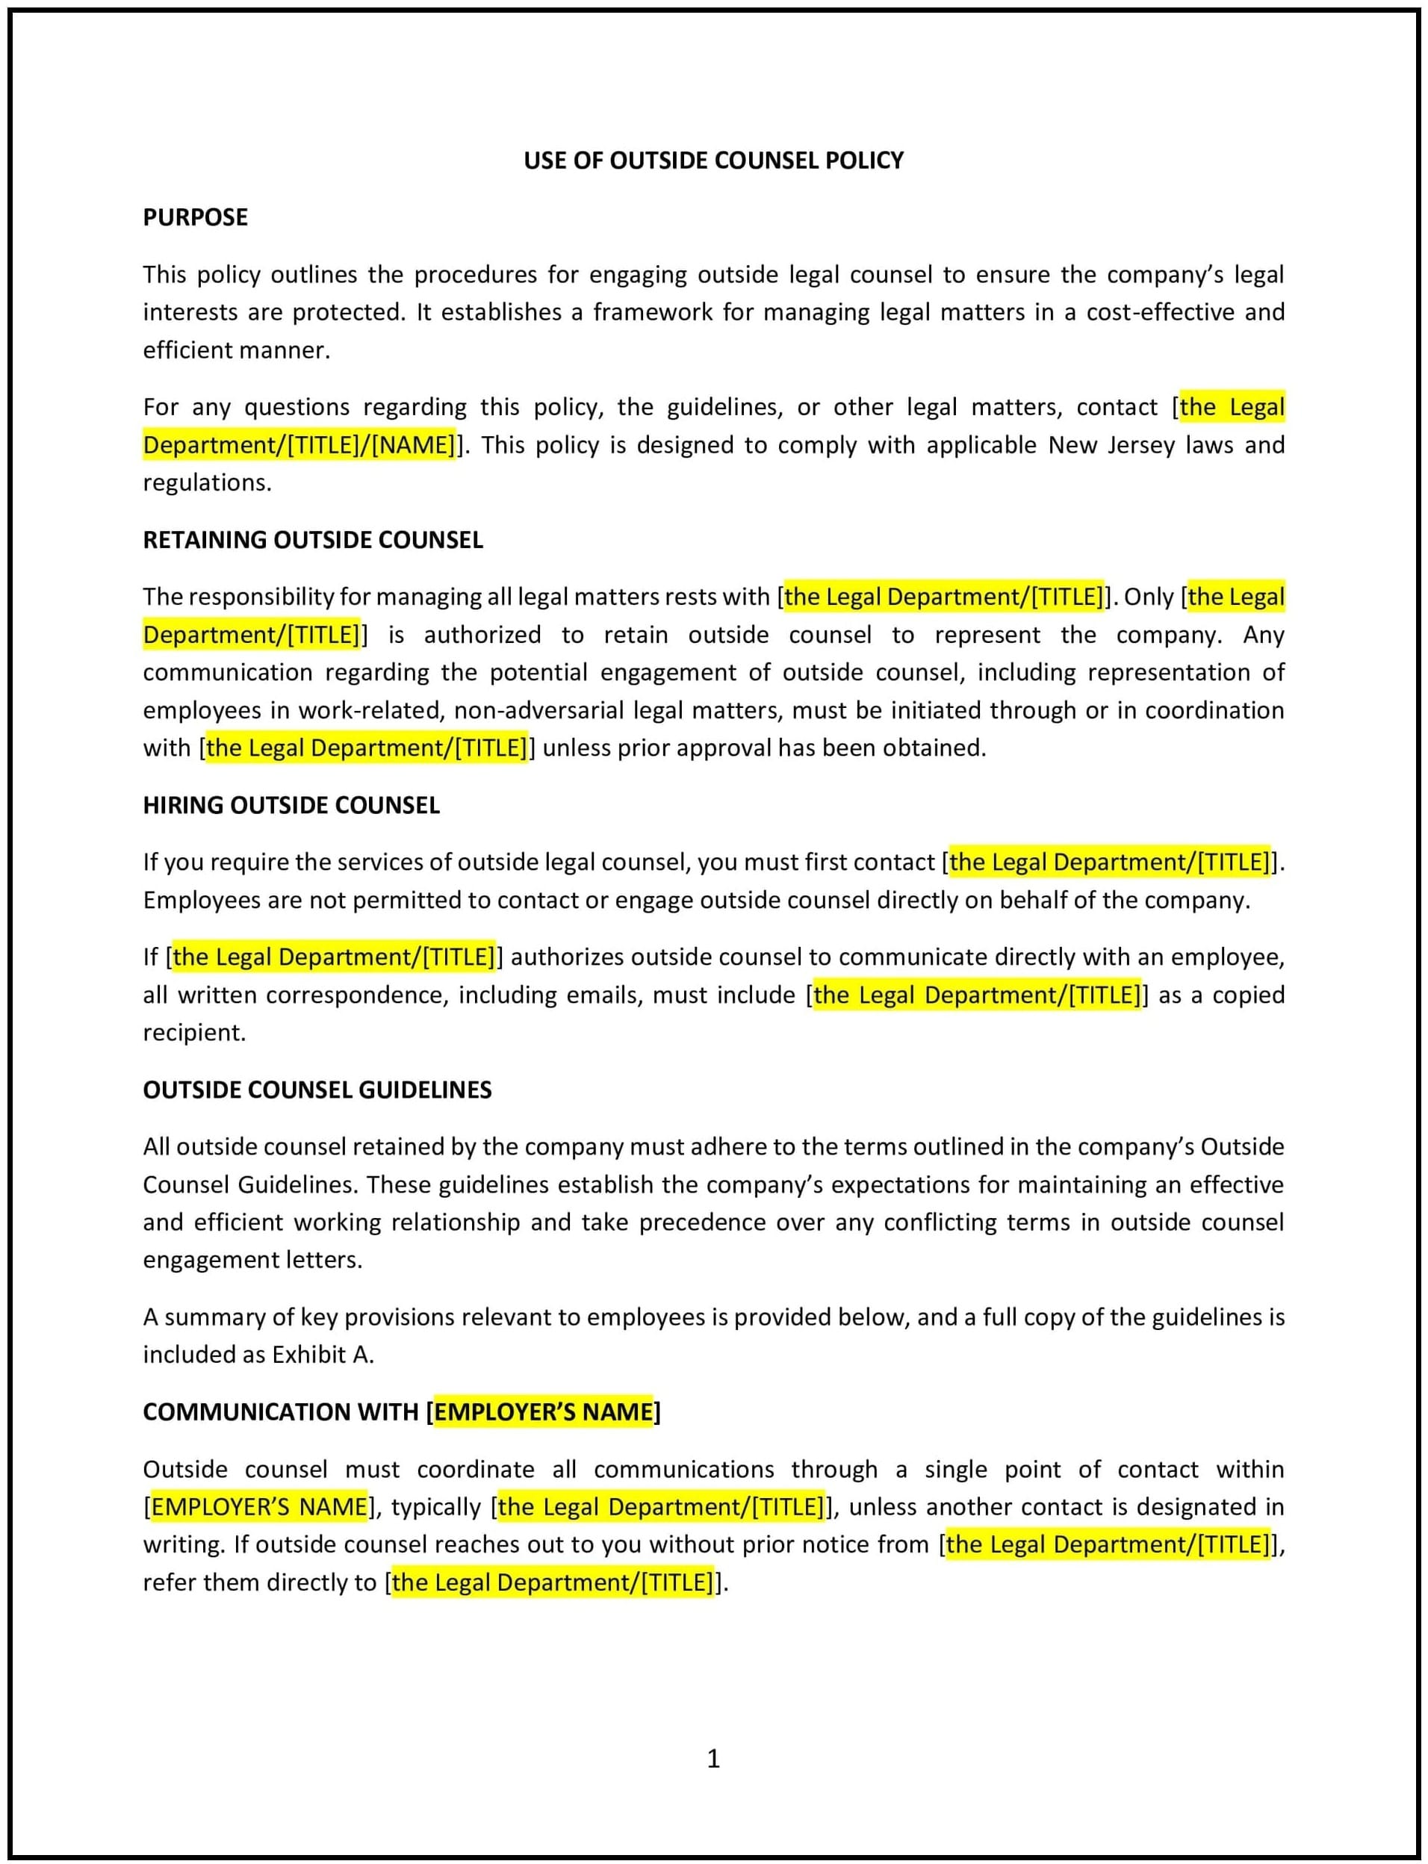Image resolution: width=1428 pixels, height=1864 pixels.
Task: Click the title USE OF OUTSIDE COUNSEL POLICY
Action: pos(713,161)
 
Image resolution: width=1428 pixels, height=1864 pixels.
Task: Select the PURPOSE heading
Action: pos(195,217)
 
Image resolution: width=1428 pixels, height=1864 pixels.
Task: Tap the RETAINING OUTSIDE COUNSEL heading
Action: pos(313,540)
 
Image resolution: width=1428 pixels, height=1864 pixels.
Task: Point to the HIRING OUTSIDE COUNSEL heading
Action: pos(291,805)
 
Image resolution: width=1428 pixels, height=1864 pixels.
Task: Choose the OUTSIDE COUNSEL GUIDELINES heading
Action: pos(317,1090)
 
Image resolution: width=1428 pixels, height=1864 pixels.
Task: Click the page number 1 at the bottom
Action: pos(713,1758)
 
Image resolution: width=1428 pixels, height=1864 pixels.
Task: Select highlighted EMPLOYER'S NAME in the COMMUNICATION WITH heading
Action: pos(543,1411)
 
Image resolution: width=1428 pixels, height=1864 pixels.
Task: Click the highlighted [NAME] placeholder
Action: pos(413,445)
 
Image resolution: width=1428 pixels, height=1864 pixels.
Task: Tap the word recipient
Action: pos(193,1033)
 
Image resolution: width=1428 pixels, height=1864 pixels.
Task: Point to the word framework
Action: pos(652,313)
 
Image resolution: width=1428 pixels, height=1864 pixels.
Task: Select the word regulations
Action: pos(207,482)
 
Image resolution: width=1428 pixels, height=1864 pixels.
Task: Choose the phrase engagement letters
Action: pos(252,1260)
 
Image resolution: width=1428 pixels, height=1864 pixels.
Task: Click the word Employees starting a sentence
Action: pos(199,900)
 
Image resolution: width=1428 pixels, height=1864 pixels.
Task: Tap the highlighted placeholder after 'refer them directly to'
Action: pos(553,1582)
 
